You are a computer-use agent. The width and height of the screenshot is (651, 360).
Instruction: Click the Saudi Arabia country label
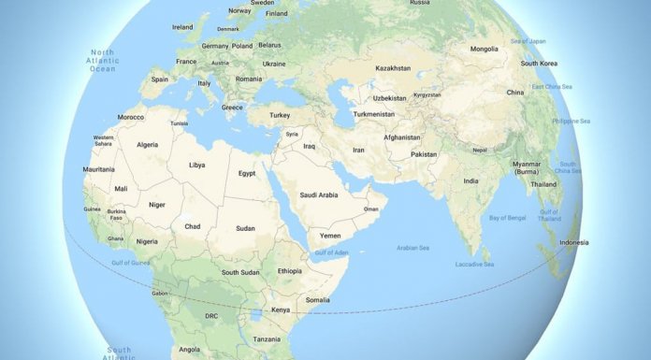tap(319, 194)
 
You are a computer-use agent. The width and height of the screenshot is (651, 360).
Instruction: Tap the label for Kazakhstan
tap(393, 68)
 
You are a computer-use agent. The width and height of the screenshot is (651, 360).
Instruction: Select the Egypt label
tap(247, 173)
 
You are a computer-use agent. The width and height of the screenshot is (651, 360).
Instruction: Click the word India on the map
tap(471, 180)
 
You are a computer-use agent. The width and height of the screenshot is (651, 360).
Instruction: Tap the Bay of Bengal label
tap(508, 218)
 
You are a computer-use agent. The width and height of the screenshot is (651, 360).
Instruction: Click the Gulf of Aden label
tap(331, 253)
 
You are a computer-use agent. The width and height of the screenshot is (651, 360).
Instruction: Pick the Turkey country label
tap(280, 114)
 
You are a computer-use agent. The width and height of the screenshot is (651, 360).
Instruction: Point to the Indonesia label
tap(573, 242)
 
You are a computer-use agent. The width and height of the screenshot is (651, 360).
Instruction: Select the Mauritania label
tap(99, 169)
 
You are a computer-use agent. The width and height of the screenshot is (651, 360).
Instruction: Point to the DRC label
tap(211, 316)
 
